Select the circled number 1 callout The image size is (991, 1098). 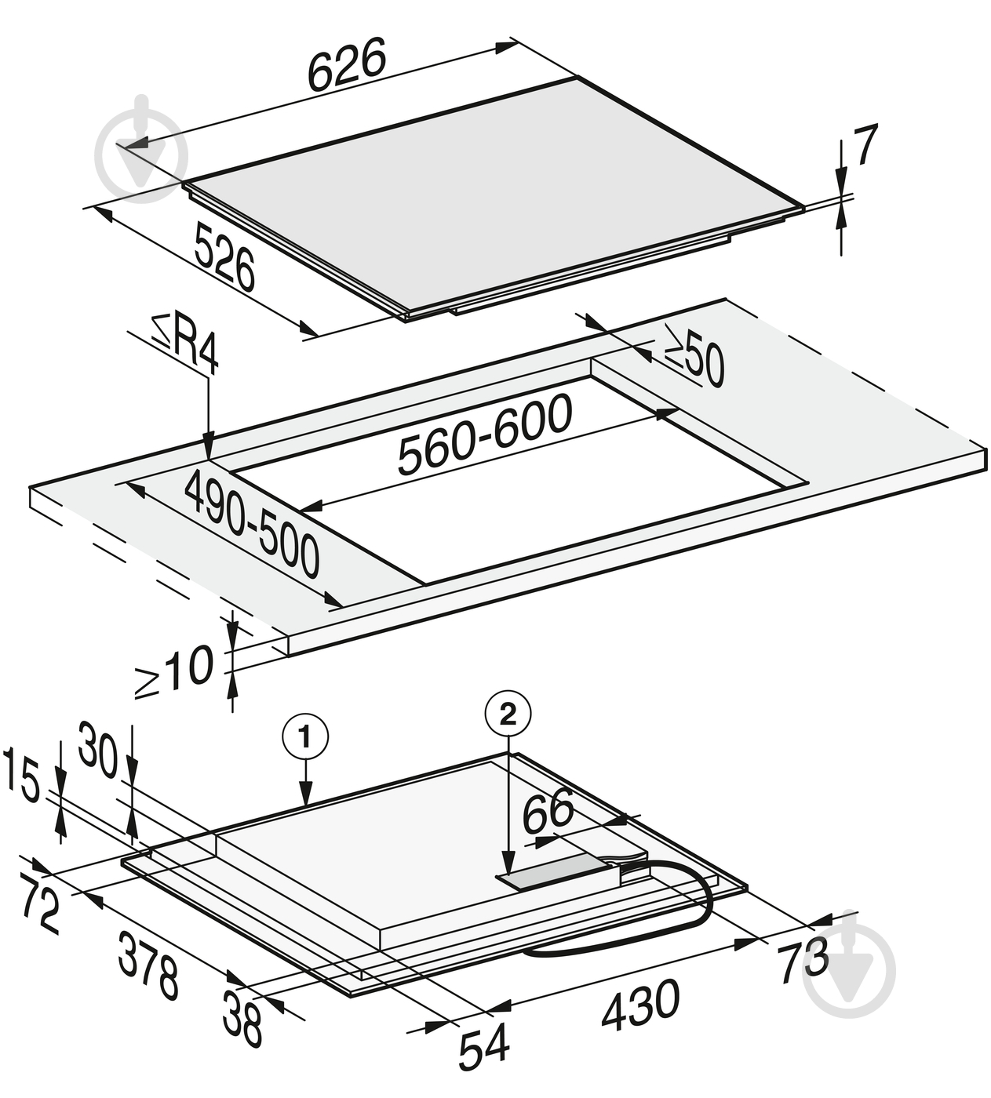[x=305, y=737]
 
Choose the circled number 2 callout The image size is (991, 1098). [x=508, y=713]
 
